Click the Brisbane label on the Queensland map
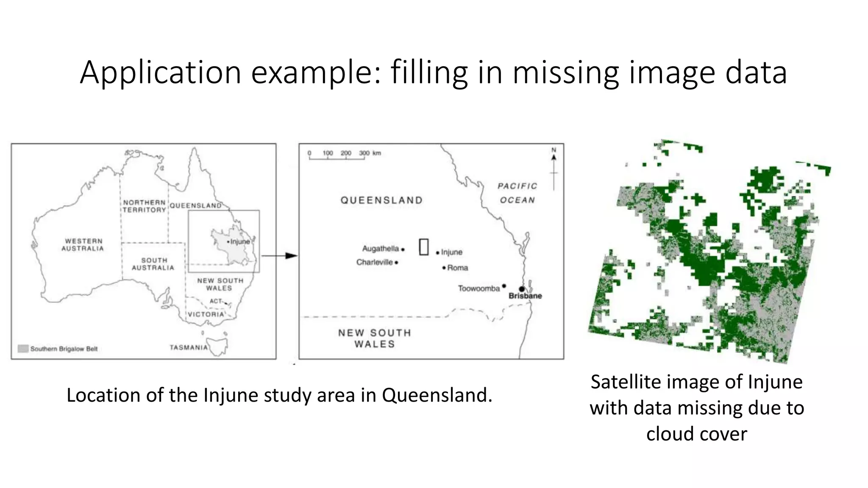coord(525,296)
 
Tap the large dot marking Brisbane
coord(522,289)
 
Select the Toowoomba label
coord(479,288)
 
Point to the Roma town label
coord(458,268)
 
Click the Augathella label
coord(380,249)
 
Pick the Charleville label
coord(375,262)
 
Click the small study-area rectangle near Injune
coord(424,247)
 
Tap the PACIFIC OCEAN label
coord(517,193)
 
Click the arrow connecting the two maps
coord(280,256)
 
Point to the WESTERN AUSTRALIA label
coord(83,244)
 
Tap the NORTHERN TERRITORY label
coord(144,206)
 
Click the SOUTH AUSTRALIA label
coord(153,264)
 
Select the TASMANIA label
coord(189,347)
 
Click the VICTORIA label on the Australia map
coord(206,314)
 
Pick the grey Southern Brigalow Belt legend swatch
coord(23,349)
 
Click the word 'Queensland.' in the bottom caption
coord(437,395)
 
